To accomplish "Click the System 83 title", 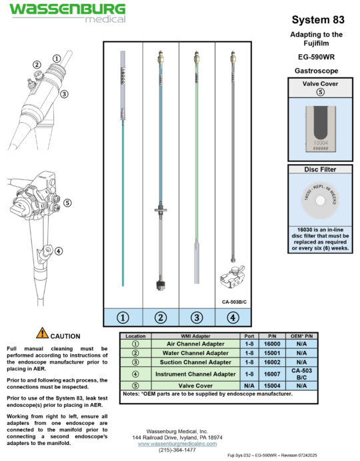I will click(317, 20).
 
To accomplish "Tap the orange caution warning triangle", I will click(42, 334).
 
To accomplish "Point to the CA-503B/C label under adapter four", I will click(233, 301).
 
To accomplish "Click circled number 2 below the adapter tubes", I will click(161, 318).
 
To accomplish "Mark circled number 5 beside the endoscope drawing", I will click(67, 203).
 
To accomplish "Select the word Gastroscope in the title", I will click(317, 69).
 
